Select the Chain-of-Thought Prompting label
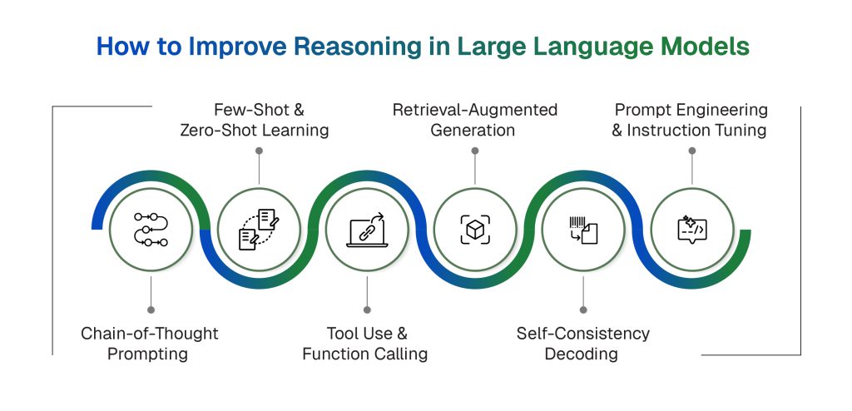tap(150, 344)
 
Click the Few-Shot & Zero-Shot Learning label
tap(258, 120)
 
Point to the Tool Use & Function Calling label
tap(365, 344)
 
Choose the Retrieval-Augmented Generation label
tap(474, 120)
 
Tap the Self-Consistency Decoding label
tap(582, 344)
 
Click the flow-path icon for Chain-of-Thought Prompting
tap(151, 230)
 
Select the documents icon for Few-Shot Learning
tap(259, 230)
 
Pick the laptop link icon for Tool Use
tap(366, 230)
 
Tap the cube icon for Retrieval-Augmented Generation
tap(475, 230)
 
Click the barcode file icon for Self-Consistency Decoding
tap(583, 230)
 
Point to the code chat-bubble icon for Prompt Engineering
tap(691, 230)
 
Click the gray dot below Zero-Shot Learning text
tap(259, 151)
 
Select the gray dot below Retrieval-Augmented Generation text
tap(475, 151)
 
